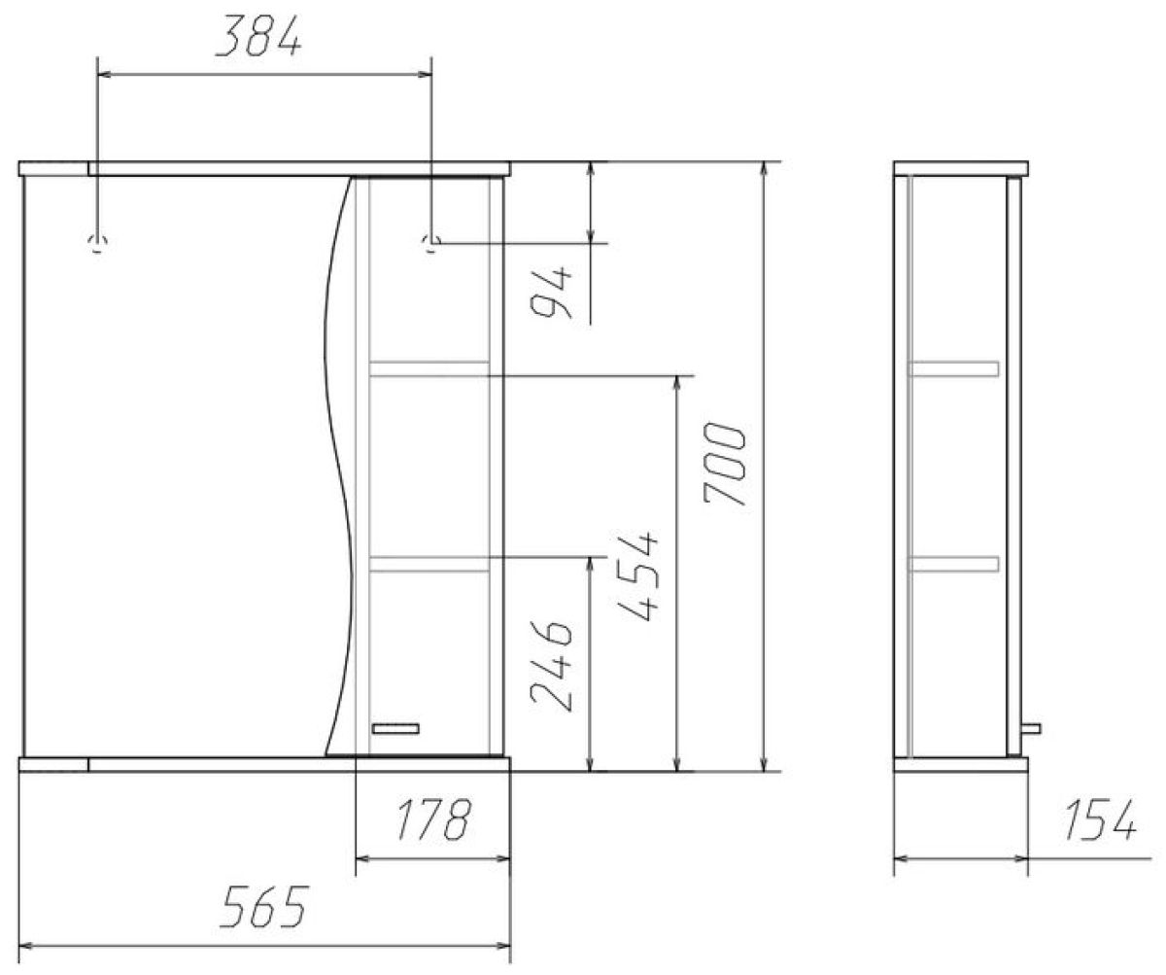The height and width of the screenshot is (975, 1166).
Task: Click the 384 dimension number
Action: click(x=259, y=36)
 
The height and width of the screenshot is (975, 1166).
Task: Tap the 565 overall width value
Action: click(x=263, y=906)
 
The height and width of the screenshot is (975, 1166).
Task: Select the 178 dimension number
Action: click(x=434, y=819)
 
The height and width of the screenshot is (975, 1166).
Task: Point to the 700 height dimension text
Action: click(x=725, y=464)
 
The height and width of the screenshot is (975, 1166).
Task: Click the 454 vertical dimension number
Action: click(x=637, y=576)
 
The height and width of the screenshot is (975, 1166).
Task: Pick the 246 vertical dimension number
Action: click(x=551, y=666)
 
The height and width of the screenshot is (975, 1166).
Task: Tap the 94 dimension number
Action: click(x=551, y=292)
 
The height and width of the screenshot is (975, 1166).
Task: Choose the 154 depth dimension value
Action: click(x=1100, y=819)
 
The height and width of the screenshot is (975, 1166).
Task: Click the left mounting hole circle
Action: click(x=98, y=244)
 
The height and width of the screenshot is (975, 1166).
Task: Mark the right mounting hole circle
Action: click(x=430, y=244)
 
